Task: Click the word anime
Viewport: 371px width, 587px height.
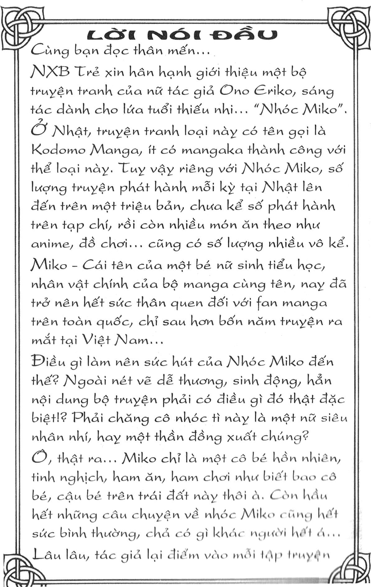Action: tap(49, 243)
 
